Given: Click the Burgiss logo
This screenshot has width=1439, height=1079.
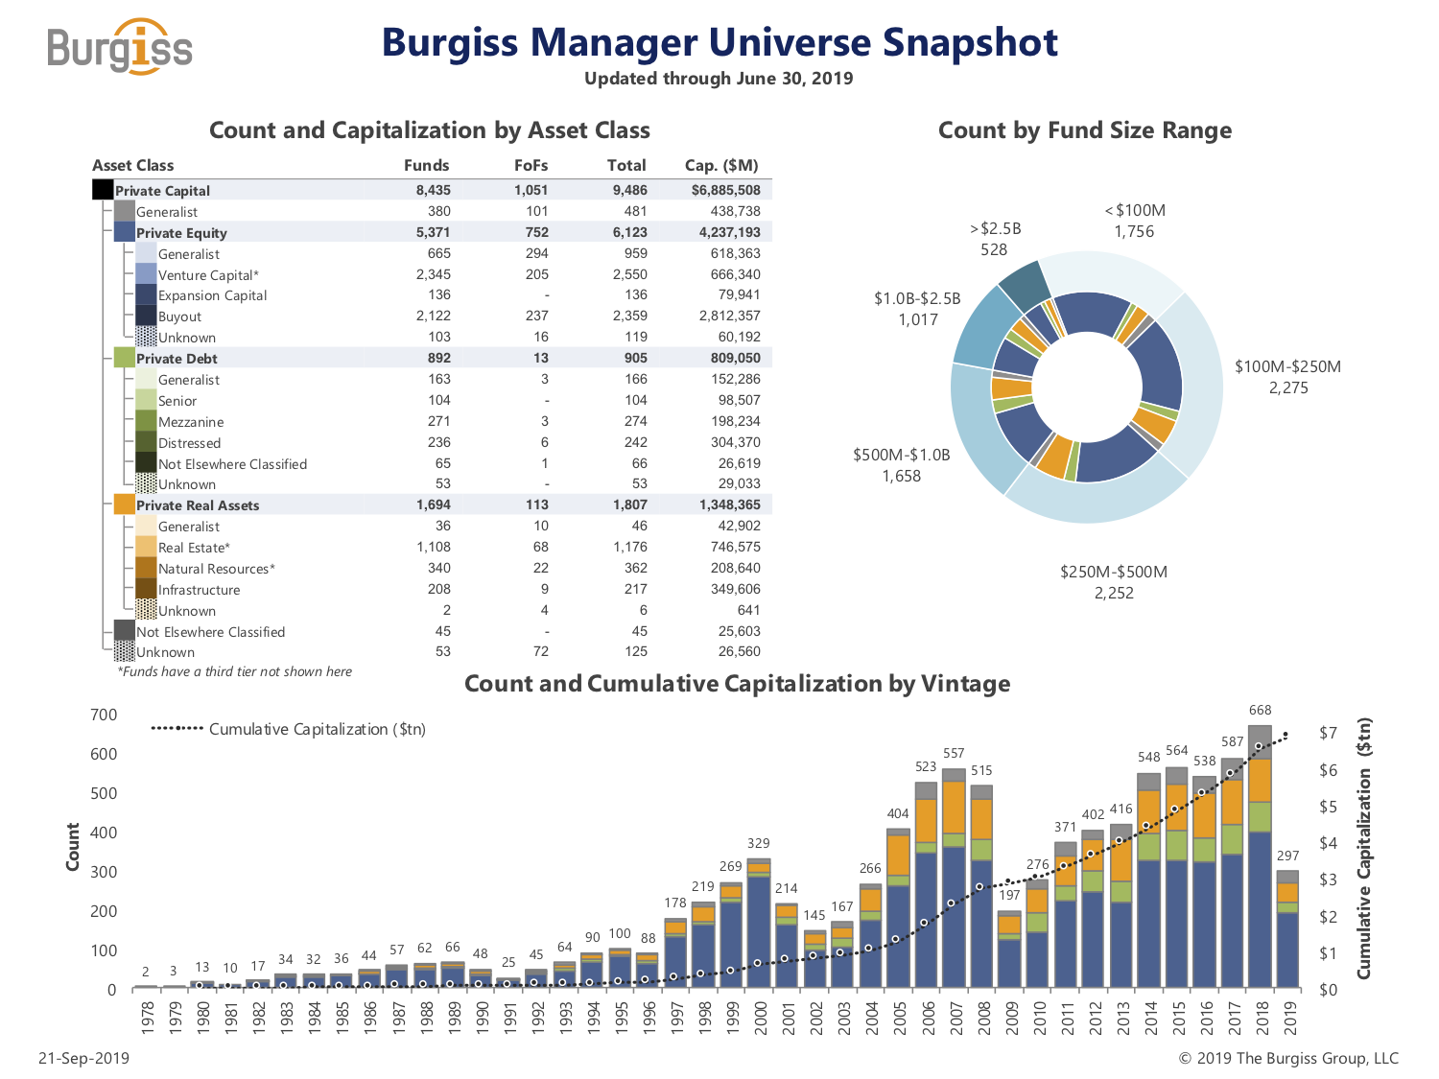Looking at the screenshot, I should pyautogui.click(x=120, y=46).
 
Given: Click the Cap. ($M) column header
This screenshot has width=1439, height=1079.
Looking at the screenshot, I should pyautogui.click(x=720, y=165).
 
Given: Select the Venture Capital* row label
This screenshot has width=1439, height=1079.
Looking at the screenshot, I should pyautogui.click(x=208, y=275).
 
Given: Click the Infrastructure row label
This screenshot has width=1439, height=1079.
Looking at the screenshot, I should pyautogui.click(x=199, y=590).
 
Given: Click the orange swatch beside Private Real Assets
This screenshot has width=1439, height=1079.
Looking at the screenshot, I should pyautogui.click(x=124, y=504).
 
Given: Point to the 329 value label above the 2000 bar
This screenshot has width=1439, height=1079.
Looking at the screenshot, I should pyautogui.click(x=758, y=843).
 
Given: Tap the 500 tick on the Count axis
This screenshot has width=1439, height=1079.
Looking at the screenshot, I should pyautogui.click(x=104, y=793).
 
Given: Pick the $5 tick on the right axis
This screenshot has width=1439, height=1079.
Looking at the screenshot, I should pyautogui.click(x=1328, y=807).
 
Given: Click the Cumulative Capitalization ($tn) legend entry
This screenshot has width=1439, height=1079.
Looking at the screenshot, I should pyautogui.click(x=288, y=729).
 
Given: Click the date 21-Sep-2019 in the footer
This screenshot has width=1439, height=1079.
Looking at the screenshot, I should pyautogui.click(x=83, y=1058).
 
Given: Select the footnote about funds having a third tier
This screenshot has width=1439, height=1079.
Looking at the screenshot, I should pyautogui.click(x=234, y=671).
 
